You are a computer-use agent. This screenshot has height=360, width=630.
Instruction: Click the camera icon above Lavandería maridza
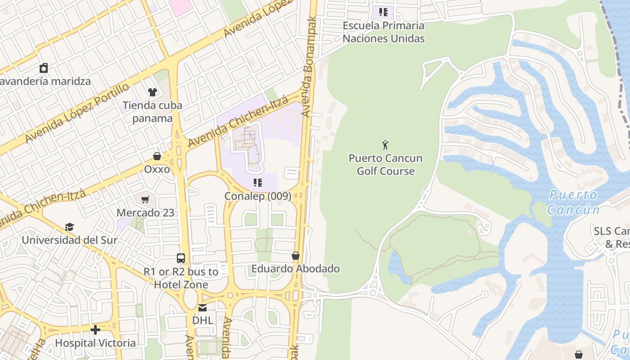point(44,68)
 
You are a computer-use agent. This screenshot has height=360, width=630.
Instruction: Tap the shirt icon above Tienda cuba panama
point(153,92)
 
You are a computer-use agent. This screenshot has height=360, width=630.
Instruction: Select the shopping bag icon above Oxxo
point(157,156)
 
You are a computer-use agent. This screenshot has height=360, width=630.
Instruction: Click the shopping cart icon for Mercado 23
point(145,199)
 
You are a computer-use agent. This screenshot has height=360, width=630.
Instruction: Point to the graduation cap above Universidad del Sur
point(69,227)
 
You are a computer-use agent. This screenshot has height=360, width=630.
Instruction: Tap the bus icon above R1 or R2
point(181,258)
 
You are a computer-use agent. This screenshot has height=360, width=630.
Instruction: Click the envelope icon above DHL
point(202,307)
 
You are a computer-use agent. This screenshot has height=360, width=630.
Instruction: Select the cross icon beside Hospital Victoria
point(95,330)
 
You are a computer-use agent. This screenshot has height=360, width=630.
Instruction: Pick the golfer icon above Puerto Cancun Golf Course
point(385,145)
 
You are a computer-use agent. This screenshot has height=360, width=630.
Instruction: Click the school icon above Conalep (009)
point(257,183)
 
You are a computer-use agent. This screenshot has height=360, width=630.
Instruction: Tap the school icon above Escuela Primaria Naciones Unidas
point(383,12)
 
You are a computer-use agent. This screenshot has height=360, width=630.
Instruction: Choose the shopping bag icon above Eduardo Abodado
point(296,256)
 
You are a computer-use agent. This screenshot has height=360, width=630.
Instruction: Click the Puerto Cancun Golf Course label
point(385,165)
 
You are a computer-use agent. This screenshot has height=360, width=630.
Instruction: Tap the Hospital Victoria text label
point(95,343)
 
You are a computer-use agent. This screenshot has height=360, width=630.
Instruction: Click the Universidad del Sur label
point(69,240)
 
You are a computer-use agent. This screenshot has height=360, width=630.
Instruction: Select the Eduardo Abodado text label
point(295,269)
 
